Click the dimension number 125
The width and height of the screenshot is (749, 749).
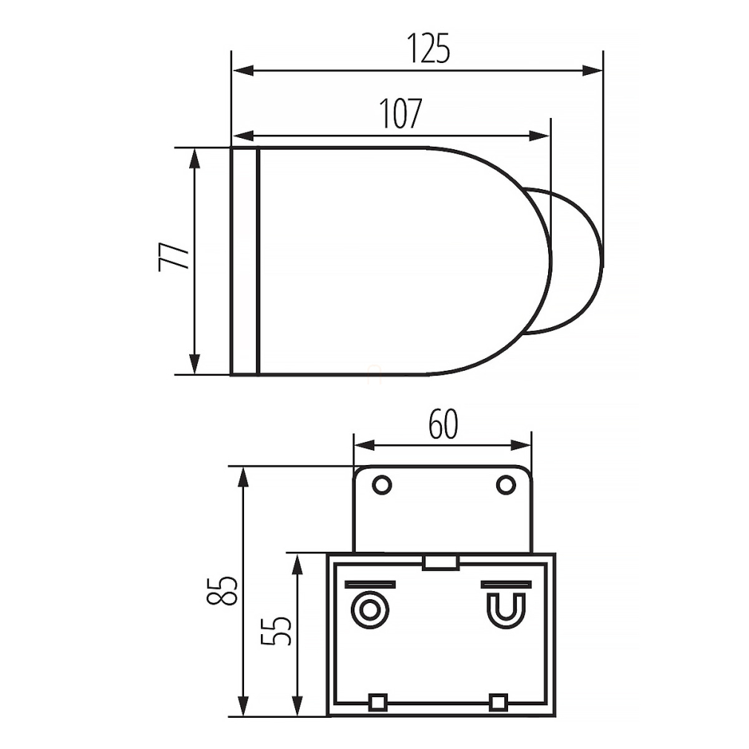(x=428, y=48)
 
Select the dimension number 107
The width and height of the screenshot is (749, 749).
(x=400, y=113)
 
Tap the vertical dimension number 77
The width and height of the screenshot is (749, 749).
(x=174, y=257)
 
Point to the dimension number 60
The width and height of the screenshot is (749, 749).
(x=443, y=424)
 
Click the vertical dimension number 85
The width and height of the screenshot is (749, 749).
(x=222, y=591)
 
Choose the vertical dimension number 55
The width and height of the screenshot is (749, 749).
(x=276, y=630)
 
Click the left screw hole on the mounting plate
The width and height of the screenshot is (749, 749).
(x=382, y=485)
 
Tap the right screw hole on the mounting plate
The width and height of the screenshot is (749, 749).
(x=506, y=485)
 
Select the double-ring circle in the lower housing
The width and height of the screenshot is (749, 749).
(x=369, y=610)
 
